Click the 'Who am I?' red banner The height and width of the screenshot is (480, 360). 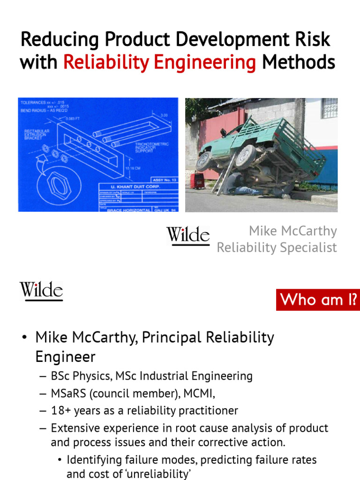(x=318, y=299)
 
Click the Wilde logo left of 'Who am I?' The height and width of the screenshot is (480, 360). (x=41, y=291)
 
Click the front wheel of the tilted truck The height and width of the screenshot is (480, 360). (x=204, y=161)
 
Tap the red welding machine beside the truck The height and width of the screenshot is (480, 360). (x=199, y=180)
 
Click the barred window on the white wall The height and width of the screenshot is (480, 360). (x=329, y=108)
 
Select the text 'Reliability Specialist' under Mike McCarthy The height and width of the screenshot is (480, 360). (x=277, y=247)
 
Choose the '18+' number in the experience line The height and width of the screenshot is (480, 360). (x=60, y=411)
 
